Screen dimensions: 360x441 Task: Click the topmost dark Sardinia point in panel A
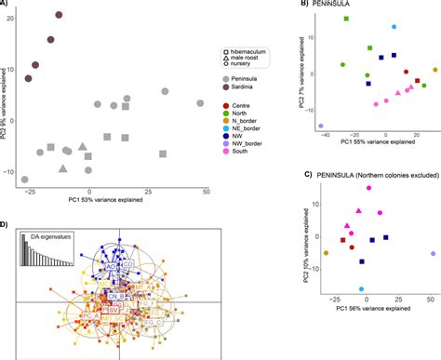[60, 16]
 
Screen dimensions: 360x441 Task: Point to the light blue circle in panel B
[394, 27]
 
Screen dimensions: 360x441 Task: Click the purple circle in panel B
[321, 126]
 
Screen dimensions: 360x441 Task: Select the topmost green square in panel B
[347, 19]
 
